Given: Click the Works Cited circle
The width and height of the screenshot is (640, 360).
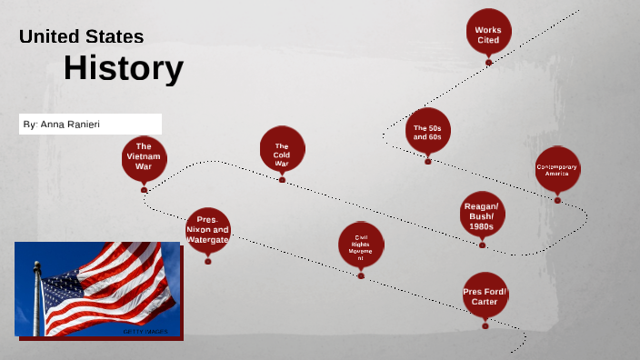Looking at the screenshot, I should click(488, 35).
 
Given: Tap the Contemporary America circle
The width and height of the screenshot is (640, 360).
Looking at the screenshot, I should click(557, 169).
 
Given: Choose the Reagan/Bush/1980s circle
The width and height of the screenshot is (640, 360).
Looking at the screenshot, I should click(481, 217).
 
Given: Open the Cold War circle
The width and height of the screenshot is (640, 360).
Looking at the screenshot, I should click(282, 150).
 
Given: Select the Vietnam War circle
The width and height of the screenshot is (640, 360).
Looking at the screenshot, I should click(144, 156).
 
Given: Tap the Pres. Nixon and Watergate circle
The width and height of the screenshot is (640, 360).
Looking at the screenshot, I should click(207, 231).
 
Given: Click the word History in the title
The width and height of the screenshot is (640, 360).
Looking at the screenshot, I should click(124, 68).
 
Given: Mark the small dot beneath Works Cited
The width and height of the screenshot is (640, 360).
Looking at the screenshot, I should click(488, 62).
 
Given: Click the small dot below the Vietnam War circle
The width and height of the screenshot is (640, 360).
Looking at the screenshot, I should click(144, 189).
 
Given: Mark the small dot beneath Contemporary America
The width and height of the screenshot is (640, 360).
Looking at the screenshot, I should click(557, 200).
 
